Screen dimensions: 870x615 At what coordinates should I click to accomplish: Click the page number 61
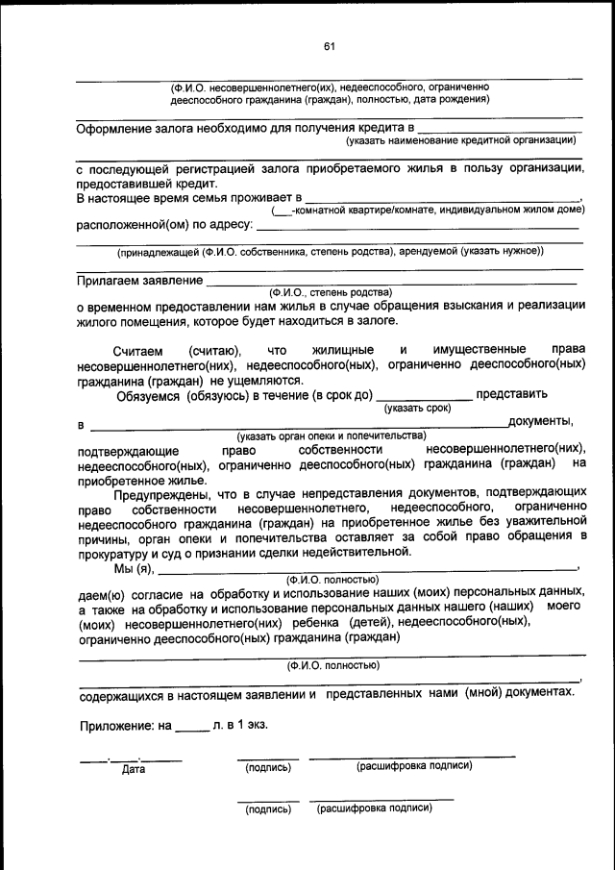(329, 47)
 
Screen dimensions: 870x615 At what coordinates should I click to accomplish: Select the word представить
(512, 393)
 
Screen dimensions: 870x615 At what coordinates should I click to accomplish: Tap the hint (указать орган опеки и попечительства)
(332, 435)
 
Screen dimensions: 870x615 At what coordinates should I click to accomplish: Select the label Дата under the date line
(133, 769)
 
